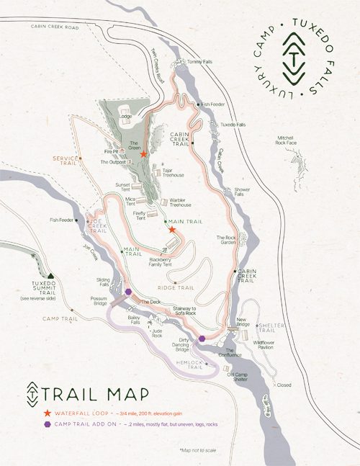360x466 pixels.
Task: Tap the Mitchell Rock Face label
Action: (x=291, y=140)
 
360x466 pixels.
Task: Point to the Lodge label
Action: (x=125, y=116)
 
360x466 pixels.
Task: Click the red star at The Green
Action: (x=144, y=154)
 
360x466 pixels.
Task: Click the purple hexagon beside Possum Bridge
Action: (x=129, y=292)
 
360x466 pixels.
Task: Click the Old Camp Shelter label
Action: (x=241, y=375)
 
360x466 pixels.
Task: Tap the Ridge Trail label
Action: (x=181, y=287)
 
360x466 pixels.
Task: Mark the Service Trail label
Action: (x=66, y=160)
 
